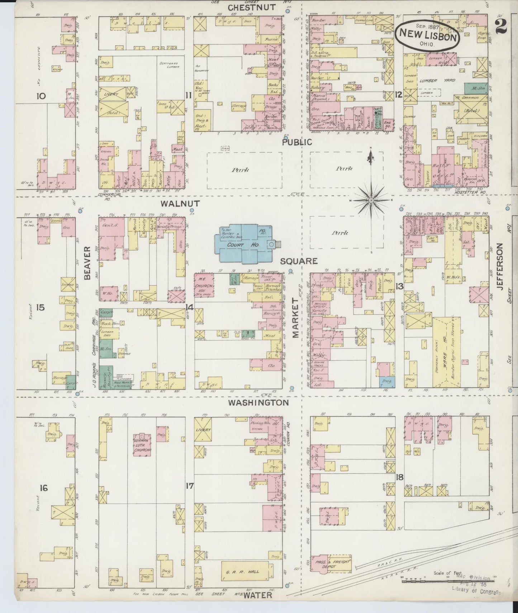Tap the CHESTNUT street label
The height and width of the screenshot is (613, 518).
tap(252, 7)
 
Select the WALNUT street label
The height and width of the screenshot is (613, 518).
tap(175, 204)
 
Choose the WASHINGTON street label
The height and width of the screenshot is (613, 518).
tap(258, 402)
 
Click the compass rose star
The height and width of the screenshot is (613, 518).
tap(371, 200)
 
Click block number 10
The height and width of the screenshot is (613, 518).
tap(41, 96)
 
